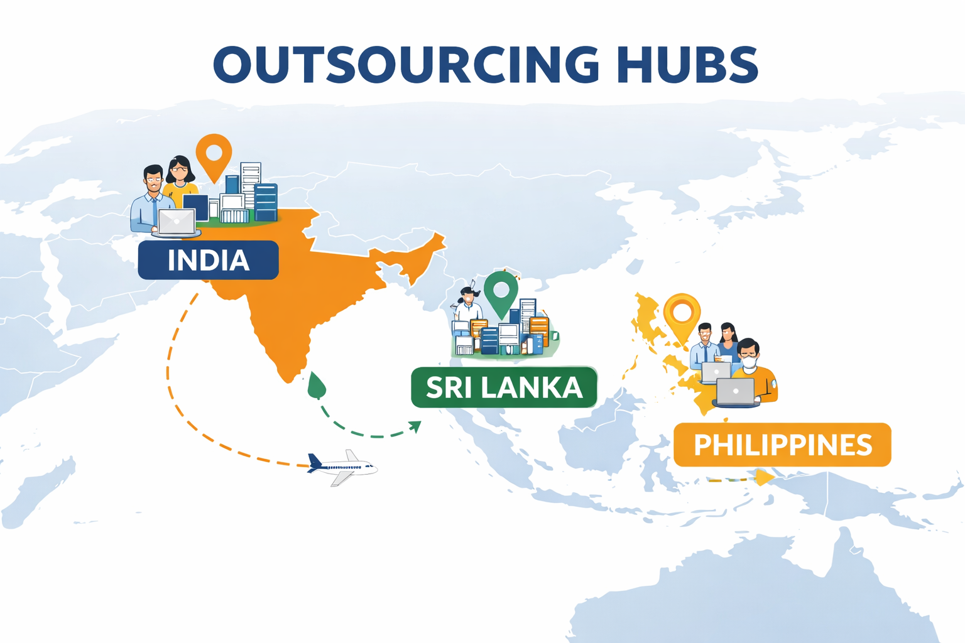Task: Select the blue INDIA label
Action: tap(208, 260)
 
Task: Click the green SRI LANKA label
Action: tap(504, 387)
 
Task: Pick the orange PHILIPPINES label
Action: tap(782, 445)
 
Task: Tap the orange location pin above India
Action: tap(214, 154)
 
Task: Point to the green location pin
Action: tap(501, 291)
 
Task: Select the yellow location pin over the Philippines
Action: tap(682, 313)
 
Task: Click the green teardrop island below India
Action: tap(317, 385)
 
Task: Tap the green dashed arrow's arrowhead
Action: tap(415, 426)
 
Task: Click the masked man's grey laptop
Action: tap(736, 392)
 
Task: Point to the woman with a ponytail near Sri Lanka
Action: tap(467, 305)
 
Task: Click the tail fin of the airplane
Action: tap(314, 462)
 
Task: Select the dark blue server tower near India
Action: tap(266, 202)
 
